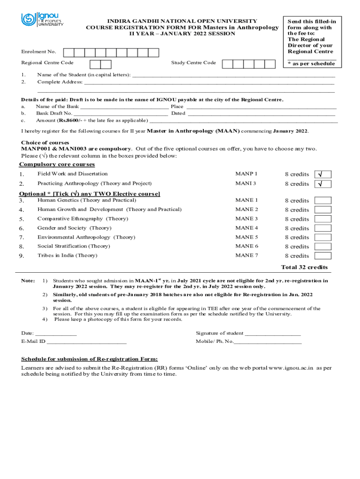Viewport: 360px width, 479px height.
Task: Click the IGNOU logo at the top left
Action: pos(42,20)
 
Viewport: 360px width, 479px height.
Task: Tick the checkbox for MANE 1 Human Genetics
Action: pos(323,201)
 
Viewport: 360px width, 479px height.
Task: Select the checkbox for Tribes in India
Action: pos(323,256)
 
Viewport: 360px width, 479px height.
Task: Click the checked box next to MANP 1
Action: pos(323,174)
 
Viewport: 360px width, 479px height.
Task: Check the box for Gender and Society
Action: pos(323,228)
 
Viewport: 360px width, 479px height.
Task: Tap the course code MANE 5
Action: pos(247,237)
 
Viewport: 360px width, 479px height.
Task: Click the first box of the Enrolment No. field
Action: pos(68,52)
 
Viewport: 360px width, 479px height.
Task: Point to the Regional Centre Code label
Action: pos(47,63)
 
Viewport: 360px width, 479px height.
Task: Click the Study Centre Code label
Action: pos(194,63)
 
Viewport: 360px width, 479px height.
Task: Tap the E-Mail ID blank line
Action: pos(86,342)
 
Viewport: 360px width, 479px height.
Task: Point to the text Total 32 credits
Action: pos(304,268)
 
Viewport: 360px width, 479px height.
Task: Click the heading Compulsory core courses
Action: pos(57,165)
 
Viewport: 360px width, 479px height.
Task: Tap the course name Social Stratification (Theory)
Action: pos(74,246)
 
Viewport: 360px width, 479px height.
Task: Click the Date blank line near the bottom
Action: pos(56,334)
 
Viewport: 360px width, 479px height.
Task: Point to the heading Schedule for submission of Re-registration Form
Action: pos(89,359)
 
